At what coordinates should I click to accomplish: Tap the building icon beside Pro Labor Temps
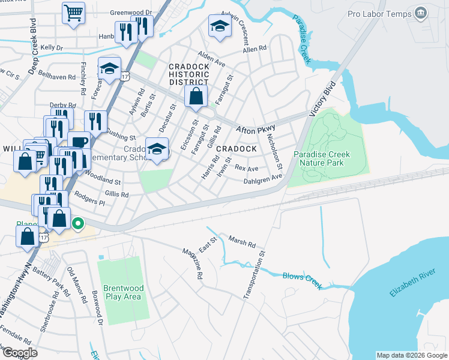[x=421, y=13]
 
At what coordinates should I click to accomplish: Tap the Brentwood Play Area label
[x=124, y=292]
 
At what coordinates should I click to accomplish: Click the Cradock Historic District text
[x=189, y=74]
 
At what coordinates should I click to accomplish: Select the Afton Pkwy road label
[x=255, y=128]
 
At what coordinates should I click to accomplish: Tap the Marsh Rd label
[x=242, y=242]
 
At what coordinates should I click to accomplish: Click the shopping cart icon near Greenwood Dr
[x=73, y=12]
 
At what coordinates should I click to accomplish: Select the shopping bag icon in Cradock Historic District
[x=196, y=95]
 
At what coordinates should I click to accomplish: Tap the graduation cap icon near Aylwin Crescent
[x=220, y=25]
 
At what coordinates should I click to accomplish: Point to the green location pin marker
[x=77, y=224]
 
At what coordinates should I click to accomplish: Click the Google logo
[x=19, y=352]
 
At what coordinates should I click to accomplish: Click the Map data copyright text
[x=411, y=355]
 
